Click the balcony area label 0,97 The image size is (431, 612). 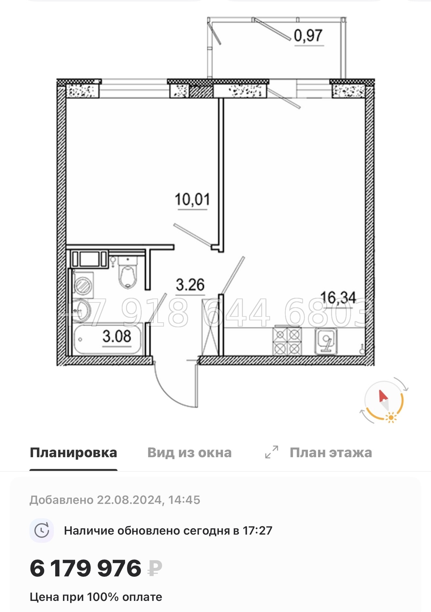[x=308, y=36]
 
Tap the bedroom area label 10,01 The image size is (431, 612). [x=192, y=200]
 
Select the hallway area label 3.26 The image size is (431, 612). [x=190, y=285]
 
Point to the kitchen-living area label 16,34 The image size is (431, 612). [x=338, y=298]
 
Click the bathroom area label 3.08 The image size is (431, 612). [x=117, y=336]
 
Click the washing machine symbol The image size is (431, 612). [x=83, y=285]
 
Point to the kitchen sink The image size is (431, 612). [x=326, y=341]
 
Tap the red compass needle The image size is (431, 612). [x=383, y=396]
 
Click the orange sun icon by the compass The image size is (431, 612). [x=391, y=418]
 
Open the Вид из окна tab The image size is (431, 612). [x=189, y=453]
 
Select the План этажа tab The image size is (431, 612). [x=330, y=453]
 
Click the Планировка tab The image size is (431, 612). [x=73, y=453]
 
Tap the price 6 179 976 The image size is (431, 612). [x=86, y=568]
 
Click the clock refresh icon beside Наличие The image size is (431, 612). [x=42, y=531]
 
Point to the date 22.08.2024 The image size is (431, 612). [x=129, y=500]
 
